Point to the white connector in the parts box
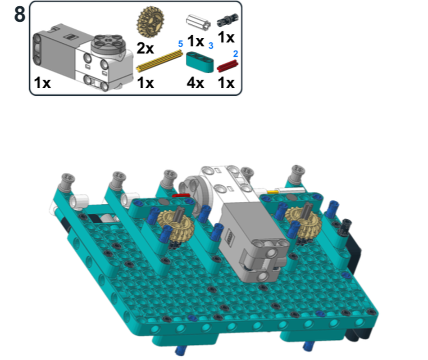(x=198, y=22)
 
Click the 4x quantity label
(x=195, y=83)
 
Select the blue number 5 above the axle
(x=180, y=44)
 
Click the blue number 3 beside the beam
(x=211, y=45)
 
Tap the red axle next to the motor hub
(x=181, y=196)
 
